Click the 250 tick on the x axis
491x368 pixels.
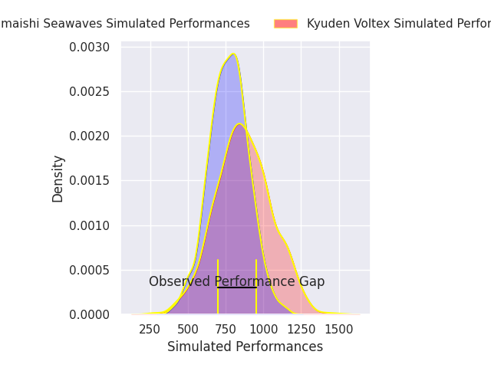click(150, 329)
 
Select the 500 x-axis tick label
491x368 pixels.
click(188, 329)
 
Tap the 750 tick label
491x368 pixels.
click(226, 329)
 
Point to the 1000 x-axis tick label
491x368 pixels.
click(263, 329)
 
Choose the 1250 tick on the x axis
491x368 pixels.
click(301, 329)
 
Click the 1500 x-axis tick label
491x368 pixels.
click(338, 329)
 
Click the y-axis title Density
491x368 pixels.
click(58, 179)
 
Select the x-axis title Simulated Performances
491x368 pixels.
click(245, 347)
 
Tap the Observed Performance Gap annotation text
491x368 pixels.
click(236, 281)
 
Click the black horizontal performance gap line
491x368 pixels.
click(237, 287)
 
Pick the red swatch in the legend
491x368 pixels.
click(285, 24)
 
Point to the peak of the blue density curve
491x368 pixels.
click(233, 54)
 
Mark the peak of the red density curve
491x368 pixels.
click(240, 123)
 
